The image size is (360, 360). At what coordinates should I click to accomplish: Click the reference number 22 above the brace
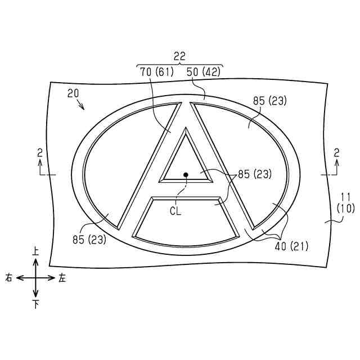[x=179, y=56]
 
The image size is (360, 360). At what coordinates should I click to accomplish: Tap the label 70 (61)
[x=157, y=72]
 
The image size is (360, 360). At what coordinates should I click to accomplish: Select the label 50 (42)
[x=204, y=72]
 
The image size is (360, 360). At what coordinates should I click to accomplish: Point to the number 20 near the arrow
[x=73, y=93]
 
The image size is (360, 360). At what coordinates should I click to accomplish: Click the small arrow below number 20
[x=81, y=105]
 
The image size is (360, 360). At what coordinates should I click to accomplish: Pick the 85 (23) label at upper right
[x=270, y=101]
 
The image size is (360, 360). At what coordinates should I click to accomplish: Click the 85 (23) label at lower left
[x=89, y=240]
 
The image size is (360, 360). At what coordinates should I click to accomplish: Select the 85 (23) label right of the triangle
[x=255, y=174]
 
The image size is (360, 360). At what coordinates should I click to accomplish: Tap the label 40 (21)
[x=291, y=246]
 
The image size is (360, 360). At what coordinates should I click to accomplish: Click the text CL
[x=175, y=211]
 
